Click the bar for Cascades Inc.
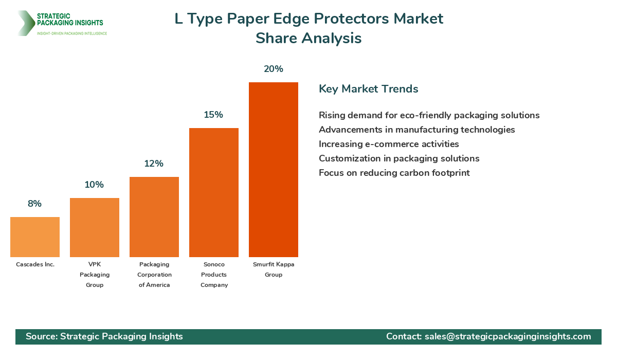click(x=35, y=237)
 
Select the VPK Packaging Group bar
click(x=95, y=228)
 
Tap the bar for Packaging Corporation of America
click(x=154, y=217)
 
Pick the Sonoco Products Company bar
click(x=214, y=193)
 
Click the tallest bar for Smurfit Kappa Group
click(x=274, y=170)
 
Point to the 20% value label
click(x=274, y=69)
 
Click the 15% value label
click(x=213, y=115)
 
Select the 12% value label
click(x=154, y=164)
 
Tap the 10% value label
click(x=94, y=185)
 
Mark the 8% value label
click(x=34, y=204)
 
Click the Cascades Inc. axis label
click(x=35, y=264)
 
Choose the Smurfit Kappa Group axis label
click(x=274, y=269)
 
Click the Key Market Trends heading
click(x=368, y=89)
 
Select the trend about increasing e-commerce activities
click(x=389, y=144)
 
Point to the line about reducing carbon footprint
click(x=394, y=173)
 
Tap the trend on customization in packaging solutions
click(x=399, y=158)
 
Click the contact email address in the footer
click(x=507, y=336)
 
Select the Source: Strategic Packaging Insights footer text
click(x=104, y=336)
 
